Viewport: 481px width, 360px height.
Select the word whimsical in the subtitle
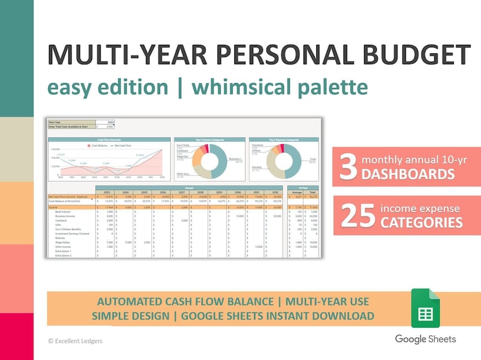point(243,87)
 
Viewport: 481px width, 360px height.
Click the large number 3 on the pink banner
point(348,168)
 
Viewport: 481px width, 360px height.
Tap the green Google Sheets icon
point(425,308)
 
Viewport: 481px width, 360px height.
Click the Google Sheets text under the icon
point(425,339)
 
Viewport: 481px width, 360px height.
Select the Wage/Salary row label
point(62,242)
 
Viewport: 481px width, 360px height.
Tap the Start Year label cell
point(56,122)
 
